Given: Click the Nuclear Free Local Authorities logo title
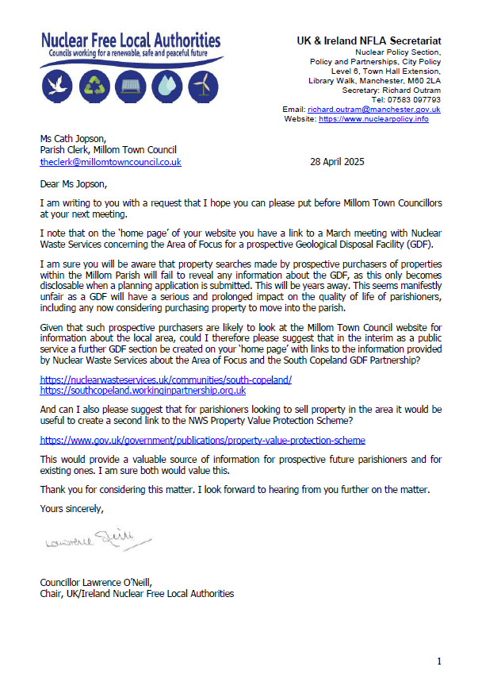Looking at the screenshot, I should (x=131, y=40).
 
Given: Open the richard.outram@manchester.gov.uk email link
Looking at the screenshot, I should (x=373, y=110).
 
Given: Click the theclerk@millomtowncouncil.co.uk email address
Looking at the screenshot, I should (x=111, y=161).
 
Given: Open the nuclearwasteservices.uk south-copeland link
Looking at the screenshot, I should (x=166, y=380).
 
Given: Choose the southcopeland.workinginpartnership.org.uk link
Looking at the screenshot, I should (x=143, y=391).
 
